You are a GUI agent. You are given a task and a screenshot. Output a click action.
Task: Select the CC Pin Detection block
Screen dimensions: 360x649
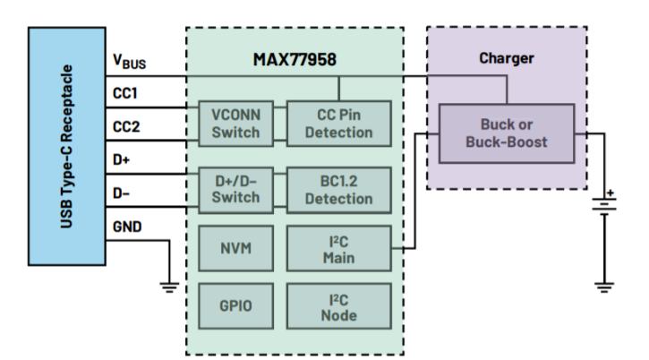click(338, 124)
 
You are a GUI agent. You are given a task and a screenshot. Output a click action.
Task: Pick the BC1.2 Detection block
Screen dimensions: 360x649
click(338, 188)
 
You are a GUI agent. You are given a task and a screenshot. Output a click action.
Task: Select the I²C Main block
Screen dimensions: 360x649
click(338, 248)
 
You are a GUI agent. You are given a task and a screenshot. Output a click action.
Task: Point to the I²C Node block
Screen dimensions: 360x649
click(338, 306)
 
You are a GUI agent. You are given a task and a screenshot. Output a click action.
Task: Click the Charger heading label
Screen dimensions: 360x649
click(506, 58)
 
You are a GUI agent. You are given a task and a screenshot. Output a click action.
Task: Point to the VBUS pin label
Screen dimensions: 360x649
click(128, 62)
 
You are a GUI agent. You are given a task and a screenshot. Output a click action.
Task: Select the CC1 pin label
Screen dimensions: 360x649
click(124, 93)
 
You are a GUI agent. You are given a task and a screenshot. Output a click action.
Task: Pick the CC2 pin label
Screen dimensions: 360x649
click(125, 127)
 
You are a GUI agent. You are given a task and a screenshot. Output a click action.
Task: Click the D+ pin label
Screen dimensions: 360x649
click(121, 159)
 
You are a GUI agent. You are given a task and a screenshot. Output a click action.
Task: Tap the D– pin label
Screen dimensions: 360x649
click(121, 192)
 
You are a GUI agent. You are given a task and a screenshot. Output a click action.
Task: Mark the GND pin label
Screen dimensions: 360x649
click(126, 226)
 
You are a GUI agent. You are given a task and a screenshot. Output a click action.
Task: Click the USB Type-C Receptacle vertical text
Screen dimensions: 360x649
click(66, 145)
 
